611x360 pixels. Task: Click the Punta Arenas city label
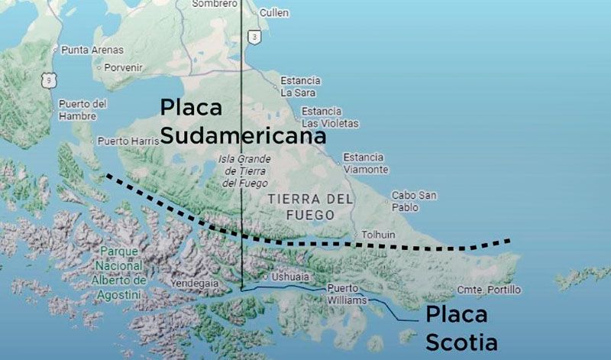click(92, 50)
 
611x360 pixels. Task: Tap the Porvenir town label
click(123, 67)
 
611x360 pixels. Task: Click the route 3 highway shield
click(254, 36)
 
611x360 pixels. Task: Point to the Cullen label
click(273, 13)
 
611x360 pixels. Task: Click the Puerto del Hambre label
click(82, 110)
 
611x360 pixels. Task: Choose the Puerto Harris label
click(128, 141)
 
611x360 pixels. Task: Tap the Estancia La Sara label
click(300, 86)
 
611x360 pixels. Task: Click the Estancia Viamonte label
click(364, 163)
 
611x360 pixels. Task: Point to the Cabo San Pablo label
click(414, 201)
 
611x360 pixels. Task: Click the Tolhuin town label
click(378, 235)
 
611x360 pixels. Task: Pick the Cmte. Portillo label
click(489, 290)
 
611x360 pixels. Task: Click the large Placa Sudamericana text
click(242, 122)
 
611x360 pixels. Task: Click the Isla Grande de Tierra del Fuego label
click(244, 171)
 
